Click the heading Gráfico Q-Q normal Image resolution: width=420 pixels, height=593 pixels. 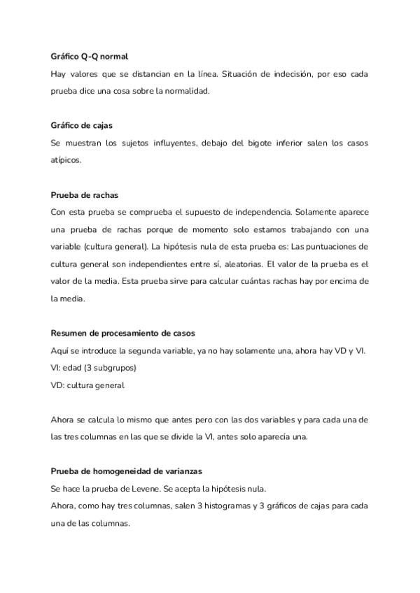[89, 55]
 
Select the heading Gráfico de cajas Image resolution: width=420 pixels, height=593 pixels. [82, 124]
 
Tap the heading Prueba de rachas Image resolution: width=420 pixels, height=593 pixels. [84, 194]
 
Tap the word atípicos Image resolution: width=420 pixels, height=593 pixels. [66, 160]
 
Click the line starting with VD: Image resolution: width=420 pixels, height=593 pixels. [87, 385]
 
